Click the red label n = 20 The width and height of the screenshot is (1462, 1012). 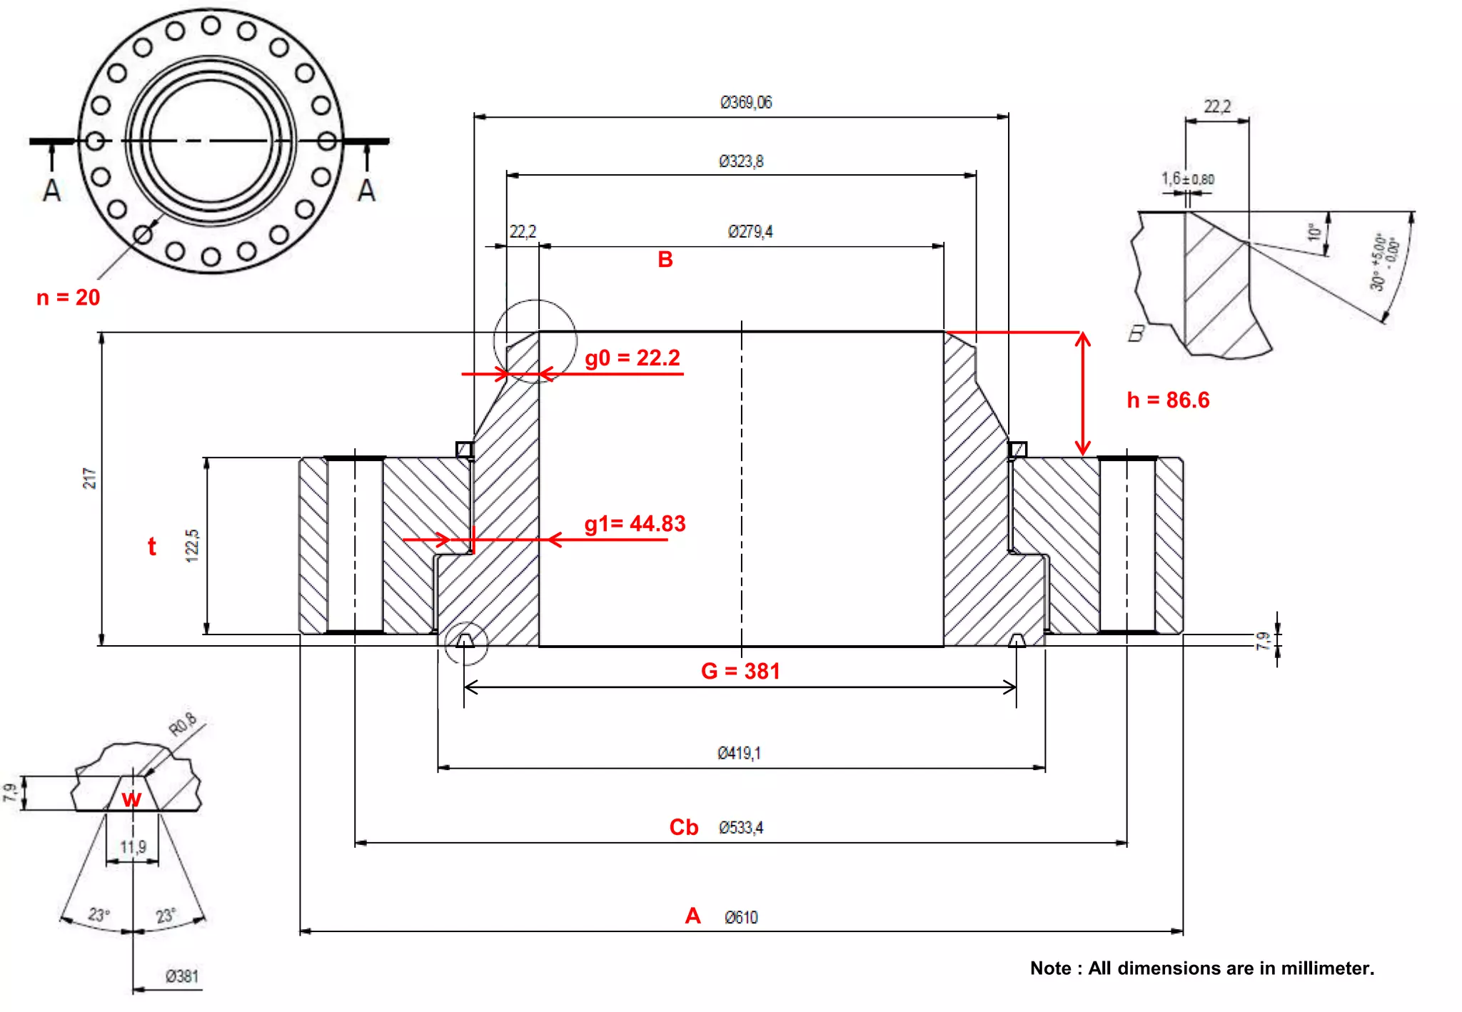(x=68, y=297)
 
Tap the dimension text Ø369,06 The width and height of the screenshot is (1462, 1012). (x=746, y=103)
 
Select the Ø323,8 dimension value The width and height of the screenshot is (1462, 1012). (x=741, y=161)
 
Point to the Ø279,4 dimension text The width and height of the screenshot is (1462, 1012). (x=750, y=232)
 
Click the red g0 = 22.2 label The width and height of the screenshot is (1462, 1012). (x=632, y=358)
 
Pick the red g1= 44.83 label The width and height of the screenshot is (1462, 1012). (x=635, y=524)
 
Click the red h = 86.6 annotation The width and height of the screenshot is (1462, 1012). (x=1168, y=400)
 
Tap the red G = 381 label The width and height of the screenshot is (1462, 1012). (x=740, y=671)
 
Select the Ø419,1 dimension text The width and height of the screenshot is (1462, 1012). (x=739, y=753)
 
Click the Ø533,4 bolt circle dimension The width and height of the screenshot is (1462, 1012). (x=741, y=828)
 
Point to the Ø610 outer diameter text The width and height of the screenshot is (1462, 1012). (x=741, y=918)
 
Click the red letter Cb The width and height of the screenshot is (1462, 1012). (x=683, y=827)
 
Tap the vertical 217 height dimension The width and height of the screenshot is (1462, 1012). (x=89, y=478)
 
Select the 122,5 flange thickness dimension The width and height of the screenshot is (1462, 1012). (x=192, y=546)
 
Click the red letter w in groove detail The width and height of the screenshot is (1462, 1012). (x=131, y=799)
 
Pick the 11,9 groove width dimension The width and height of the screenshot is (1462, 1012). (x=133, y=847)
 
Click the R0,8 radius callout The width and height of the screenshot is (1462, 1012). (x=183, y=724)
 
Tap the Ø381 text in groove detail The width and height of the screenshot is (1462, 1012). (x=182, y=976)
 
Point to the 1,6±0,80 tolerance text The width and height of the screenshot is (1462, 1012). (x=1187, y=178)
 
